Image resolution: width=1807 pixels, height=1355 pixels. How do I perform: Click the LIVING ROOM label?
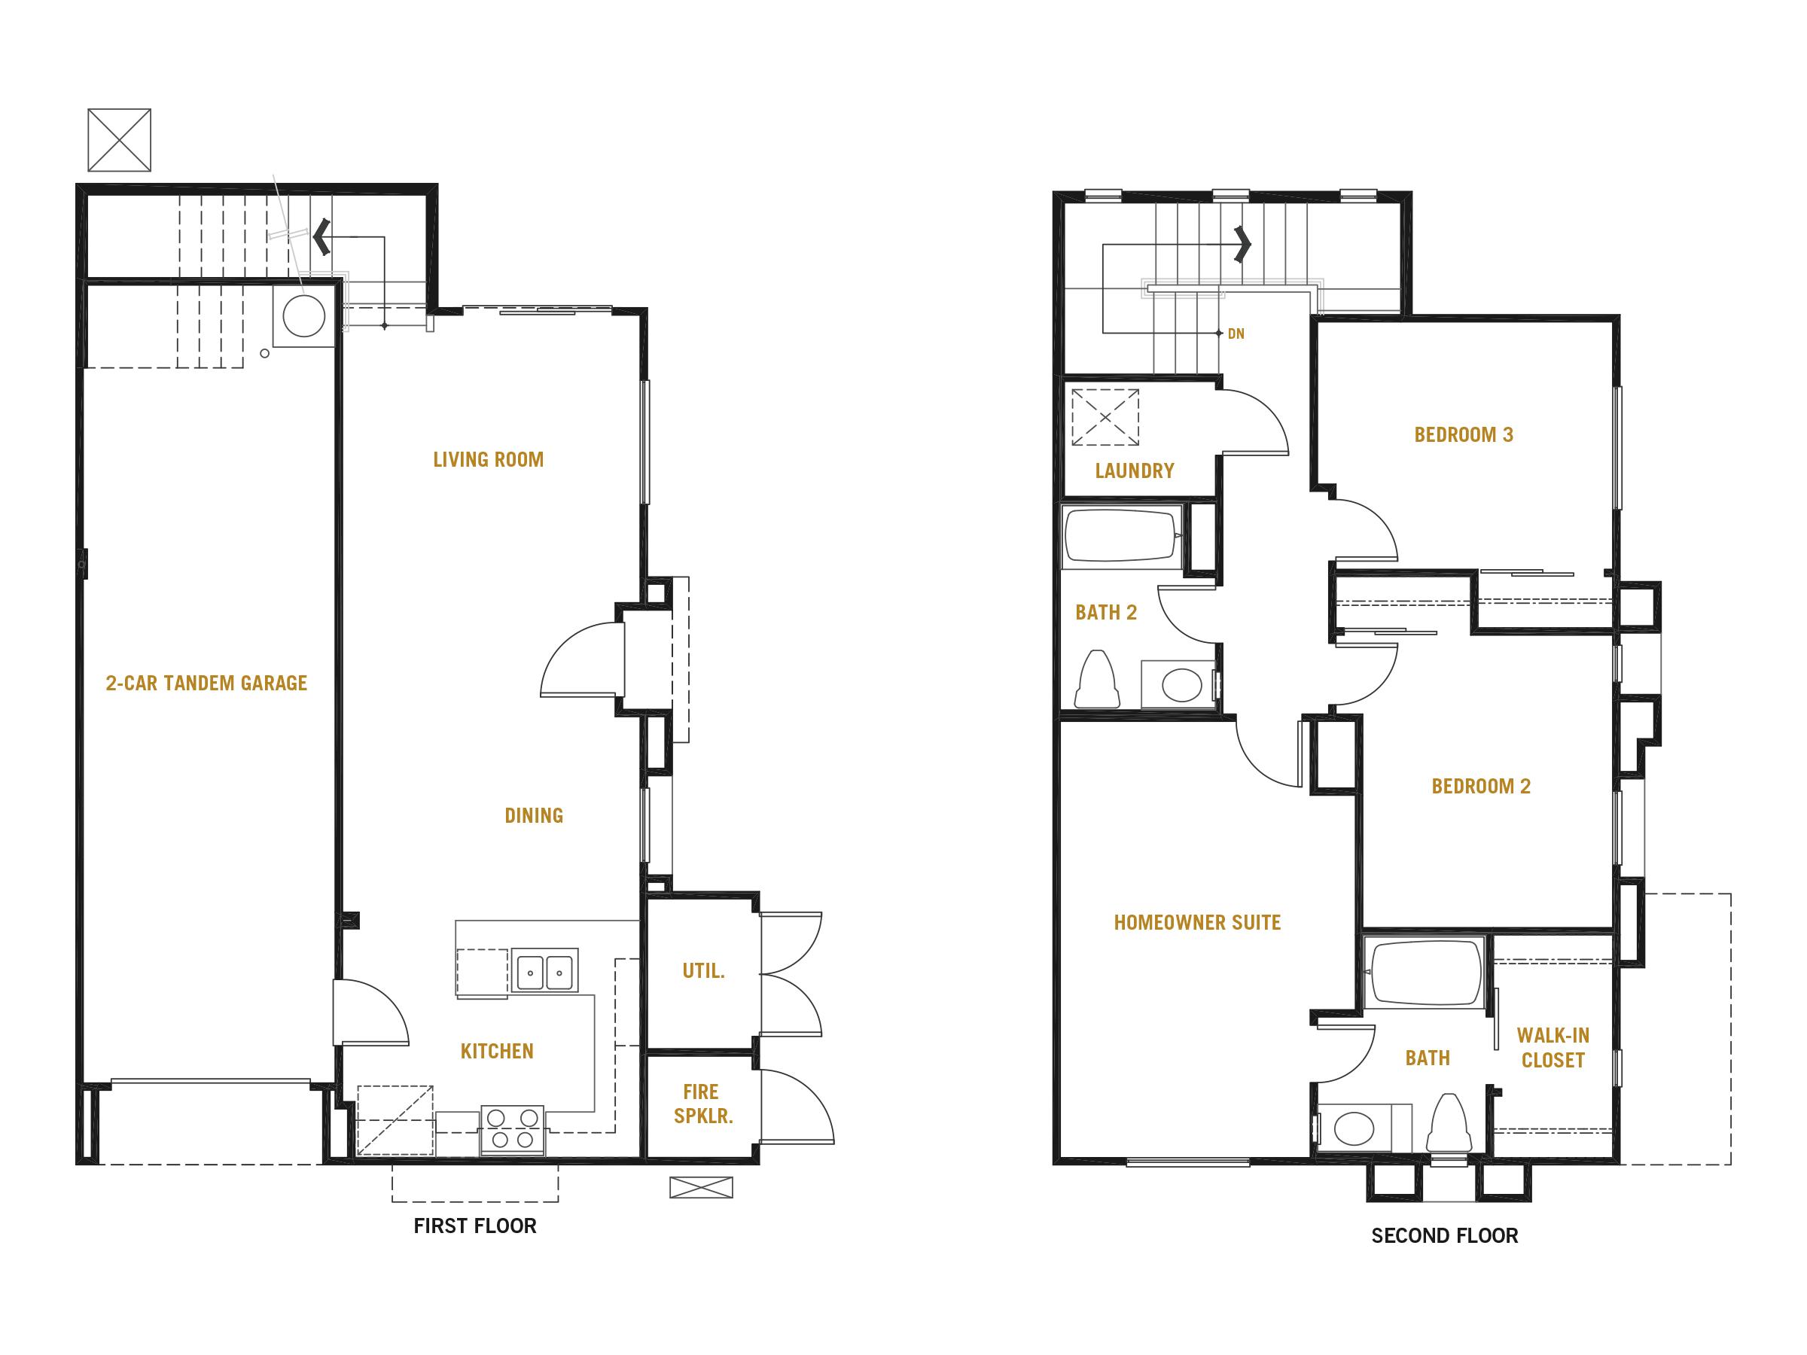tap(488, 460)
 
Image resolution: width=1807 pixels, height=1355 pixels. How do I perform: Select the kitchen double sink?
tap(545, 972)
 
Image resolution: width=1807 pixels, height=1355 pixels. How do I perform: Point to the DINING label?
tap(533, 815)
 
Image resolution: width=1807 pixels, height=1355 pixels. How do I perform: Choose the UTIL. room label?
tap(703, 970)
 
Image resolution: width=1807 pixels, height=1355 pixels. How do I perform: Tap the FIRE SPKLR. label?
tap(702, 1104)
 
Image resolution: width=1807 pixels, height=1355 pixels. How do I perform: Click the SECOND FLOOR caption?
tap(1444, 1236)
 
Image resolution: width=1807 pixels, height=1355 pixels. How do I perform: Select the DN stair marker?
tap(1236, 334)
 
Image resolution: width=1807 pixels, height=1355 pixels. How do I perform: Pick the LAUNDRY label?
tap(1134, 470)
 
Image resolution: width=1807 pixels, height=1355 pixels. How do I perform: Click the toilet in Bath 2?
tap(1097, 680)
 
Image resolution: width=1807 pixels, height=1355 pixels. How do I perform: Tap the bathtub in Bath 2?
tap(1121, 536)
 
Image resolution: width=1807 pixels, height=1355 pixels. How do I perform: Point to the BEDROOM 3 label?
tap(1463, 434)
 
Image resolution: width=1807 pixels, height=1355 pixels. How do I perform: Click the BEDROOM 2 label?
tap(1480, 787)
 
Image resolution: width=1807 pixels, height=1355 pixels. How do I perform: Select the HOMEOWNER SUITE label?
tap(1197, 922)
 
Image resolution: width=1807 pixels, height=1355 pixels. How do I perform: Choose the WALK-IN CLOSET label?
tap(1552, 1048)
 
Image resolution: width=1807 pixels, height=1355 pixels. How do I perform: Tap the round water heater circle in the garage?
tap(304, 315)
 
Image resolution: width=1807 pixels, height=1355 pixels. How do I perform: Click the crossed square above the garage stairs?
tap(119, 140)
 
